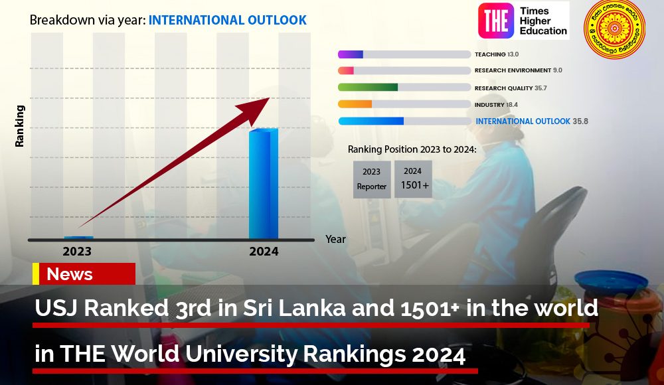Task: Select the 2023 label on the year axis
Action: [x=77, y=252]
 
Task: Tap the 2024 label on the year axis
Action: [x=264, y=252]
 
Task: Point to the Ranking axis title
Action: [x=20, y=125]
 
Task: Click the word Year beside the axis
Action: [x=335, y=239]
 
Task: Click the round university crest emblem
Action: [x=614, y=29]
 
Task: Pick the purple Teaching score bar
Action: [x=351, y=54]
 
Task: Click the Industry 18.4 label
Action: [x=496, y=105]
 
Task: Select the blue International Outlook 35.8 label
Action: [x=531, y=121]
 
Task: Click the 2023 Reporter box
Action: [x=372, y=179]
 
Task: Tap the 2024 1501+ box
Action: [x=413, y=179]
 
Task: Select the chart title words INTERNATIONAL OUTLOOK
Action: [x=228, y=21]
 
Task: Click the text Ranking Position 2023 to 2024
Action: [x=412, y=149]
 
